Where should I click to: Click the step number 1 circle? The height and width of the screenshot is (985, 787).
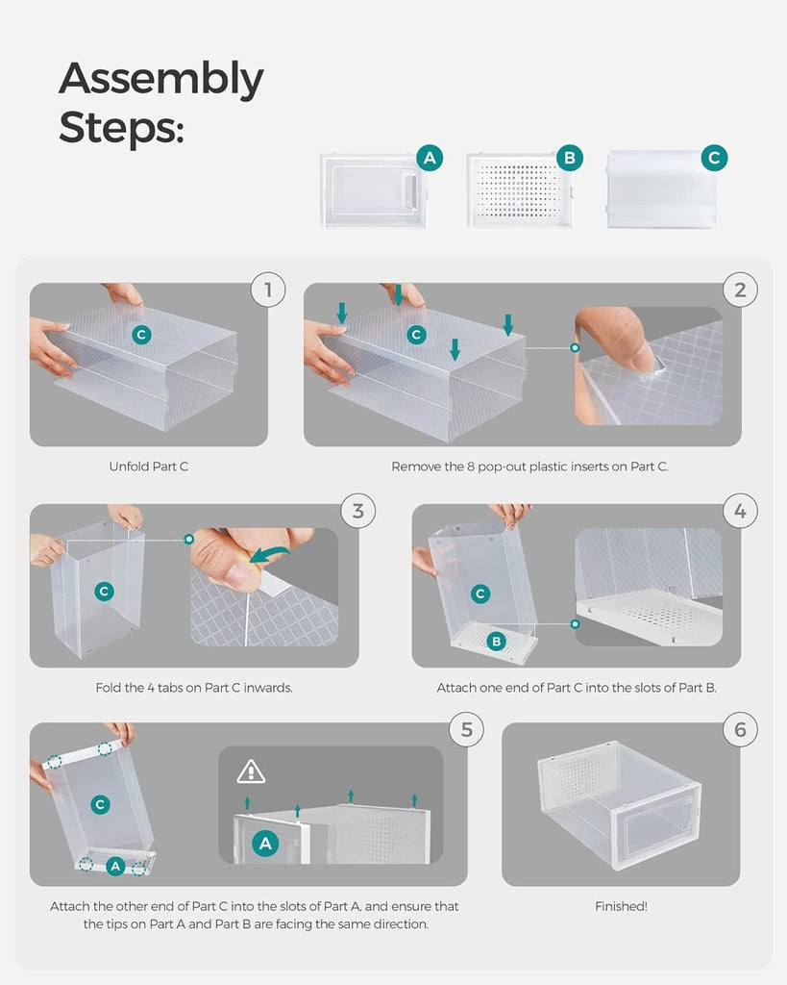268,290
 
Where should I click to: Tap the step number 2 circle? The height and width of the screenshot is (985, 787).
740,290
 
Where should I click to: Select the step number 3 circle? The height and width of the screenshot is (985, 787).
358,510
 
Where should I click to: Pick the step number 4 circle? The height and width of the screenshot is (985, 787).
740,510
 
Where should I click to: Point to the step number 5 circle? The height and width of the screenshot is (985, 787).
467,729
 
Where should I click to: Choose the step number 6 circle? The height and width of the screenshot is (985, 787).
740,729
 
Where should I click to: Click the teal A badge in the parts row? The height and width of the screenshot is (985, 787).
429,159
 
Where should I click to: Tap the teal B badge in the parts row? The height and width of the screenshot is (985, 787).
570,159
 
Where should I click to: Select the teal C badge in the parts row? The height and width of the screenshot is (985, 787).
714,159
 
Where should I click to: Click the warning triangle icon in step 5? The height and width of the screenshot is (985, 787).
251,771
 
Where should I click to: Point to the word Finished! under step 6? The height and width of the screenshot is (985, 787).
621,906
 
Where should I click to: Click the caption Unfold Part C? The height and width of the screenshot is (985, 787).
149,467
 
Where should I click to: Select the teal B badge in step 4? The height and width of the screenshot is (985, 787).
497,642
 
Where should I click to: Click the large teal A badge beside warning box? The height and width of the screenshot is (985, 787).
265,844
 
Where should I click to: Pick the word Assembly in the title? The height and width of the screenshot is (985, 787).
161,79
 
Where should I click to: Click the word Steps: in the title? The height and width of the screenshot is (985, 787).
121,127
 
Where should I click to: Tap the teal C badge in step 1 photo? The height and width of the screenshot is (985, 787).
141,334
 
